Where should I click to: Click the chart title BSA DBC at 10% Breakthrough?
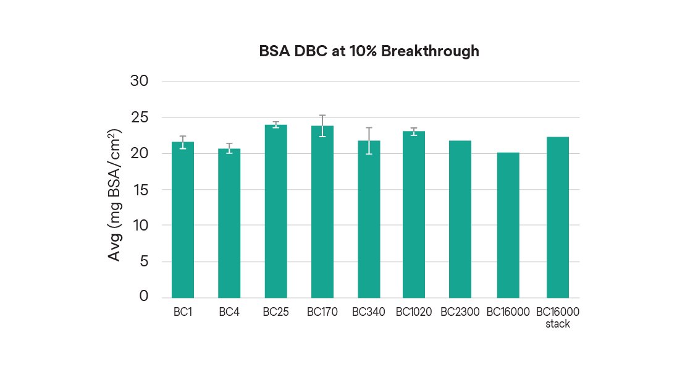tap(369, 51)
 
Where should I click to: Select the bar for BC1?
tap(183, 219)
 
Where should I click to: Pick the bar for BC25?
tap(275, 211)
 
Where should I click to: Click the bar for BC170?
tap(322, 211)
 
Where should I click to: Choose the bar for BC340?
tap(369, 219)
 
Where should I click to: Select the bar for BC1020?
tap(414, 214)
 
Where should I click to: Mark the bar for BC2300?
tap(460, 219)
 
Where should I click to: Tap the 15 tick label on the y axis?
tap(141, 190)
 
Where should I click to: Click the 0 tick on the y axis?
tap(145, 297)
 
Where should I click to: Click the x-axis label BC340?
tap(369, 312)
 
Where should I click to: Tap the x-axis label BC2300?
tap(460, 312)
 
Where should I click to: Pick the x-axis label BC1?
tap(183, 312)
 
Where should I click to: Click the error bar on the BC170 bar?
tap(322, 125)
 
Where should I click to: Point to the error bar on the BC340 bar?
tap(369, 140)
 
